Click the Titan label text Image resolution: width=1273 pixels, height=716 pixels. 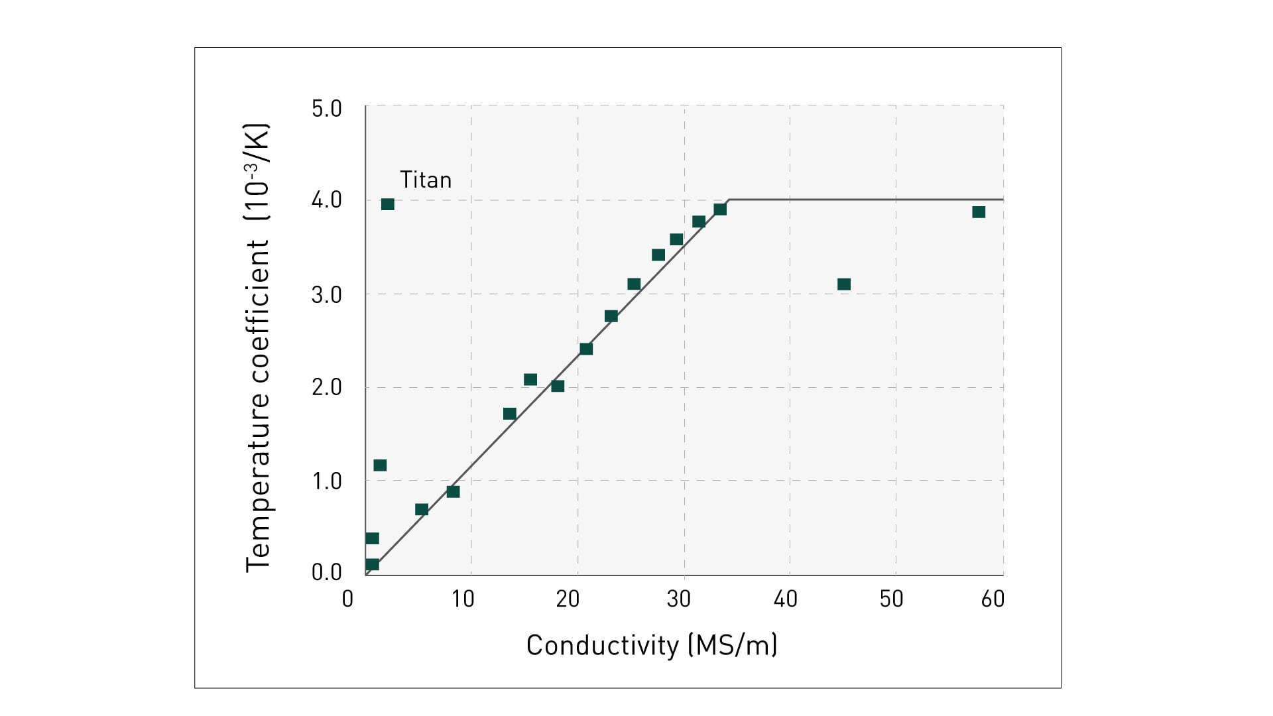click(425, 180)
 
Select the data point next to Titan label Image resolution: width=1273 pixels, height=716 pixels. click(388, 204)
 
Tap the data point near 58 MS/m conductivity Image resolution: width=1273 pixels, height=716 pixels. click(979, 212)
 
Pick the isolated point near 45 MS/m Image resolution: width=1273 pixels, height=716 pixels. click(844, 284)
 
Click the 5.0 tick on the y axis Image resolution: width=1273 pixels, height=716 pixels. click(326, 109)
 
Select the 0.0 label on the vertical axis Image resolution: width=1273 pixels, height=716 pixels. click(326, 572)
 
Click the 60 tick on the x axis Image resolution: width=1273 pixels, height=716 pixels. click(993, 599)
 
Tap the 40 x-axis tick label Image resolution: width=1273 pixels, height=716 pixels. click(785, 599)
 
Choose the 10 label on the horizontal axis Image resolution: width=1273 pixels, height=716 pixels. click(463, 599)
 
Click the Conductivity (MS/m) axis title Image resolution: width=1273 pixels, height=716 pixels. click(651, 645)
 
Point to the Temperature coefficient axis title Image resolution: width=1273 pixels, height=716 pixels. click(258, 347)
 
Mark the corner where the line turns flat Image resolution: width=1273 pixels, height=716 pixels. click(729, 200)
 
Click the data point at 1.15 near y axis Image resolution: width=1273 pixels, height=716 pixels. click(380, 465)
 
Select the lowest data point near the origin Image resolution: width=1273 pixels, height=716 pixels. click(373, 564)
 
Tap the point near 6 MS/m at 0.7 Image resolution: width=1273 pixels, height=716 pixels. click(422, 509)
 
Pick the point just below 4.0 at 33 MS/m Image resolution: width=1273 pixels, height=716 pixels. click(720, 209)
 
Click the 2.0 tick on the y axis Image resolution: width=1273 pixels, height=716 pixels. click(326, 388)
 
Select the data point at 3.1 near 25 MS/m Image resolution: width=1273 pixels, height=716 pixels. click(634, 284)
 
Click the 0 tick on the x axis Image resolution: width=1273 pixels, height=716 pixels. click(347, 599)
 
